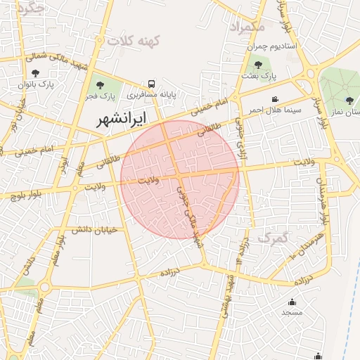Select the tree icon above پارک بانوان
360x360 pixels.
click(x=36, y=72)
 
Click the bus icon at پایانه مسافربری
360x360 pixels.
click(x=153, y=82)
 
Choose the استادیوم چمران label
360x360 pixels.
click(x=271, y=46)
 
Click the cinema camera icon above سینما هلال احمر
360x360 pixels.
click(x=275, y=99)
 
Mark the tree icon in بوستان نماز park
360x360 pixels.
click(x=349, y=101)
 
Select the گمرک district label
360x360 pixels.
click(x=273, y=238)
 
